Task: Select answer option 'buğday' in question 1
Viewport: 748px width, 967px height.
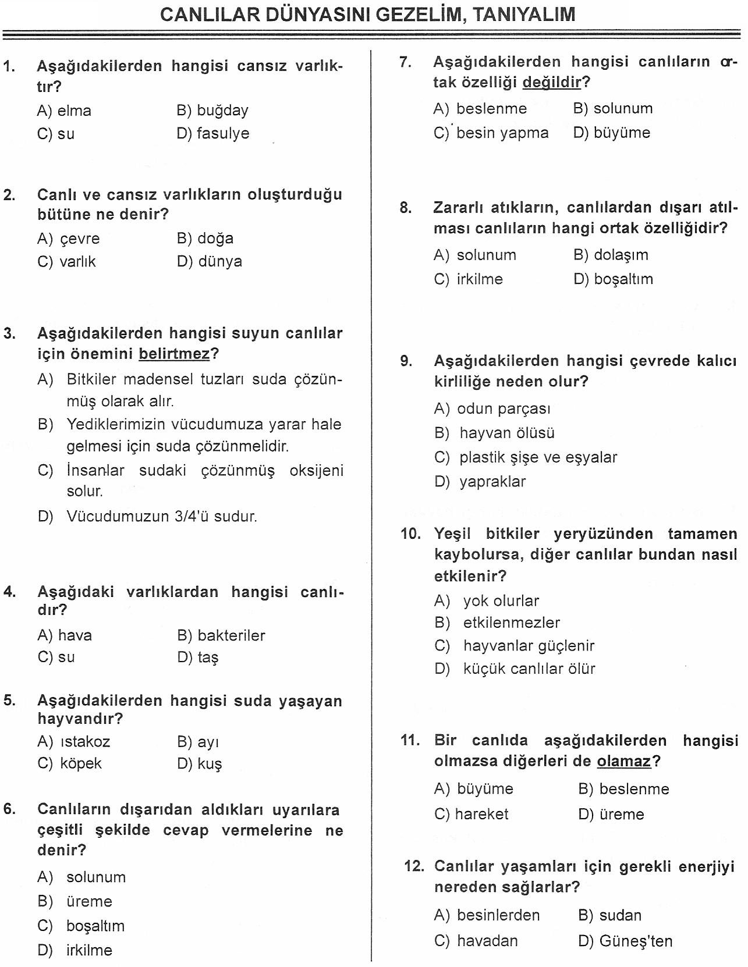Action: pos(222,110)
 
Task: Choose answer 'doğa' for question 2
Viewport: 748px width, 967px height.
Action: pos(215,238)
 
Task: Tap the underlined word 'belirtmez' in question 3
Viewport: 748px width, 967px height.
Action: pos(173,354)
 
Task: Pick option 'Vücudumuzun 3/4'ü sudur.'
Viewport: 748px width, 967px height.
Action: pos(161,516)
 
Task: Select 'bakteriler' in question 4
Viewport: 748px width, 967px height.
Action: pos(231,635)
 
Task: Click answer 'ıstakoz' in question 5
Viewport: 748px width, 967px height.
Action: pos(84,742)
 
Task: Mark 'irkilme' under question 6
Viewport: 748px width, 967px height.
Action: pos(89,950)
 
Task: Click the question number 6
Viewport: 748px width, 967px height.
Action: pos(9,809)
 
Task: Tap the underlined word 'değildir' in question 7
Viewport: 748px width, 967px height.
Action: pos(552,83)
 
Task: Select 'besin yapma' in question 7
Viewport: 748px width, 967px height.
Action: pos(502,133)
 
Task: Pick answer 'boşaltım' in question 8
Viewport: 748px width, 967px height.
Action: pos(623,279)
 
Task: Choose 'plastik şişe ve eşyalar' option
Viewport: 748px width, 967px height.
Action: pos(538,457)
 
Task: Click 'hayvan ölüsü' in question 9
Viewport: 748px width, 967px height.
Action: pos(506,433)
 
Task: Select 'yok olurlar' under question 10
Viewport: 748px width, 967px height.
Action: pos(501,600)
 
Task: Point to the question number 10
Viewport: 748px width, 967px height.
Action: pos(410,534)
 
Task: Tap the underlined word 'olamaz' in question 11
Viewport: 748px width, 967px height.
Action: pos(623,761)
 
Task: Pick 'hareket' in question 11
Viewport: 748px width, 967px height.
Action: pos(481,814)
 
